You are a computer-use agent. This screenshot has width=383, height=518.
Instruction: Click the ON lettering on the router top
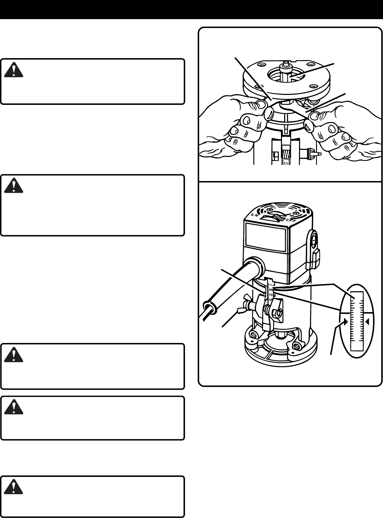[254, 215]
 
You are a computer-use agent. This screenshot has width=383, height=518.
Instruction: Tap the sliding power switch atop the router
[278, 217]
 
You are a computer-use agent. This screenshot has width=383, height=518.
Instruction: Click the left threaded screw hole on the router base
[254, 334]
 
